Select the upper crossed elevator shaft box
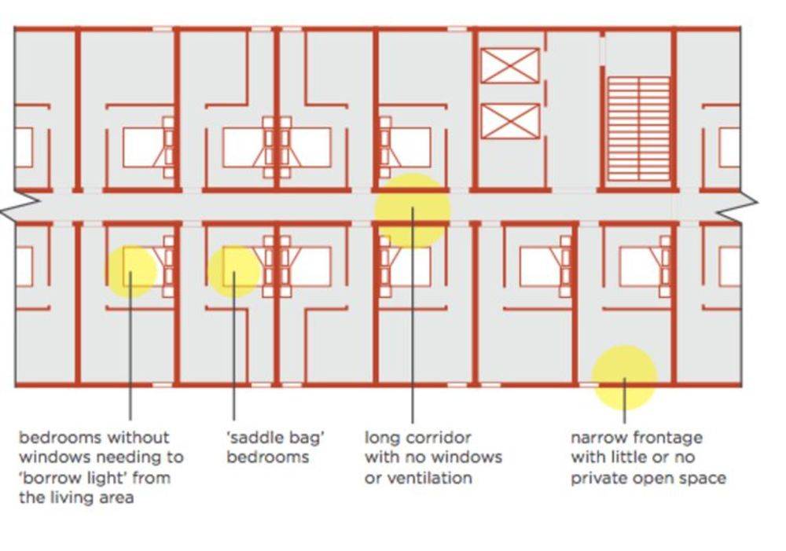pyautogui.click(x=510, y=66)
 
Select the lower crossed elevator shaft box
pyautogui.click(x=510, y=121)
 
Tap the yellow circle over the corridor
pyautogui.click(x=412, y=211)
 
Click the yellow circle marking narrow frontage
pyautogui.click(x=624, y=377)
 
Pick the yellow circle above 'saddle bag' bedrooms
pyautogui.click(x=233, y=272)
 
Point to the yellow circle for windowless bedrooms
pyautogui.click(x=130, y=271)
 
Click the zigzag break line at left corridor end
pyautogui.click(x=19, y=207)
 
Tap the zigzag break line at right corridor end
pyautogui.click(x=737, y=207)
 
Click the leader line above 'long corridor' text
pyautogui.click(x=412, y=315)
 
